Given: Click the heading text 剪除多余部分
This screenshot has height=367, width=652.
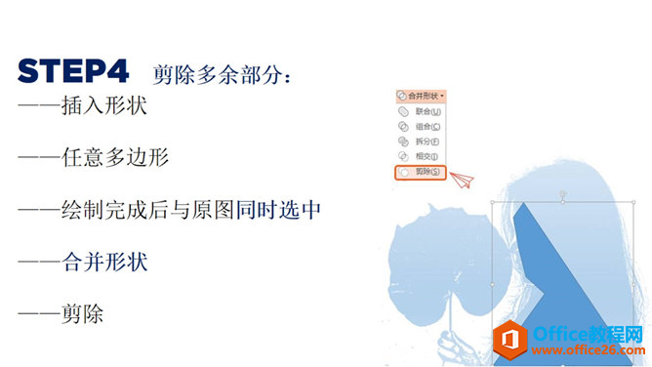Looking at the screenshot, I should pyautogui.click(x=222, y=74).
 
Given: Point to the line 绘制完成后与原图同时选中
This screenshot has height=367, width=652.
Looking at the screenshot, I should pyautogui.click(x=170, y=210).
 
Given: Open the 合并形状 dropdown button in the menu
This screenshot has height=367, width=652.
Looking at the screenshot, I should pyautogui.click(x=423, y=96).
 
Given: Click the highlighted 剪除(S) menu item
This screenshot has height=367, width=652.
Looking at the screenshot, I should pyautogui.click(x=423, y=172).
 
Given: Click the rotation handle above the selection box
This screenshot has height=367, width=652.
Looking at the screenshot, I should pyautogui.click(x=563, y=196).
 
